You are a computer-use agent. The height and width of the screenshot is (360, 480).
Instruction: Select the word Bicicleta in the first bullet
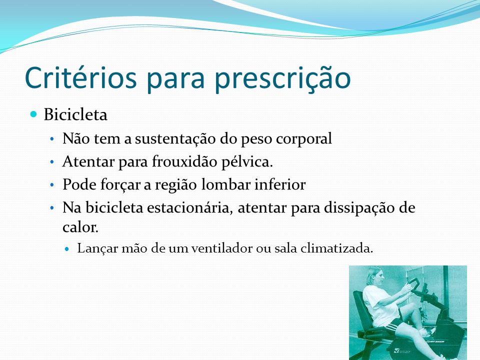(75, 115)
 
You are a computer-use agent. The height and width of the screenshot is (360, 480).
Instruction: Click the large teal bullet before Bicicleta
(33, 114)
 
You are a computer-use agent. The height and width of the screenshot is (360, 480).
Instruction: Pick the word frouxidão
(184, 161)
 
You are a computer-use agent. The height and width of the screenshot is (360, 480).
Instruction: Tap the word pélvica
(247, 162)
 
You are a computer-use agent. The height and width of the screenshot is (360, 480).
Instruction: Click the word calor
(80, 227)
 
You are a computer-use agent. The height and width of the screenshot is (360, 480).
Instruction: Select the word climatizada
(336, 248)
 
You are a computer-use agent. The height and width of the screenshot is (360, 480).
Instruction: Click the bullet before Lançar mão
(67, 248)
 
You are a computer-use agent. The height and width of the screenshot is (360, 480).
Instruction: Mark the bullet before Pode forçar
(52, 185)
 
